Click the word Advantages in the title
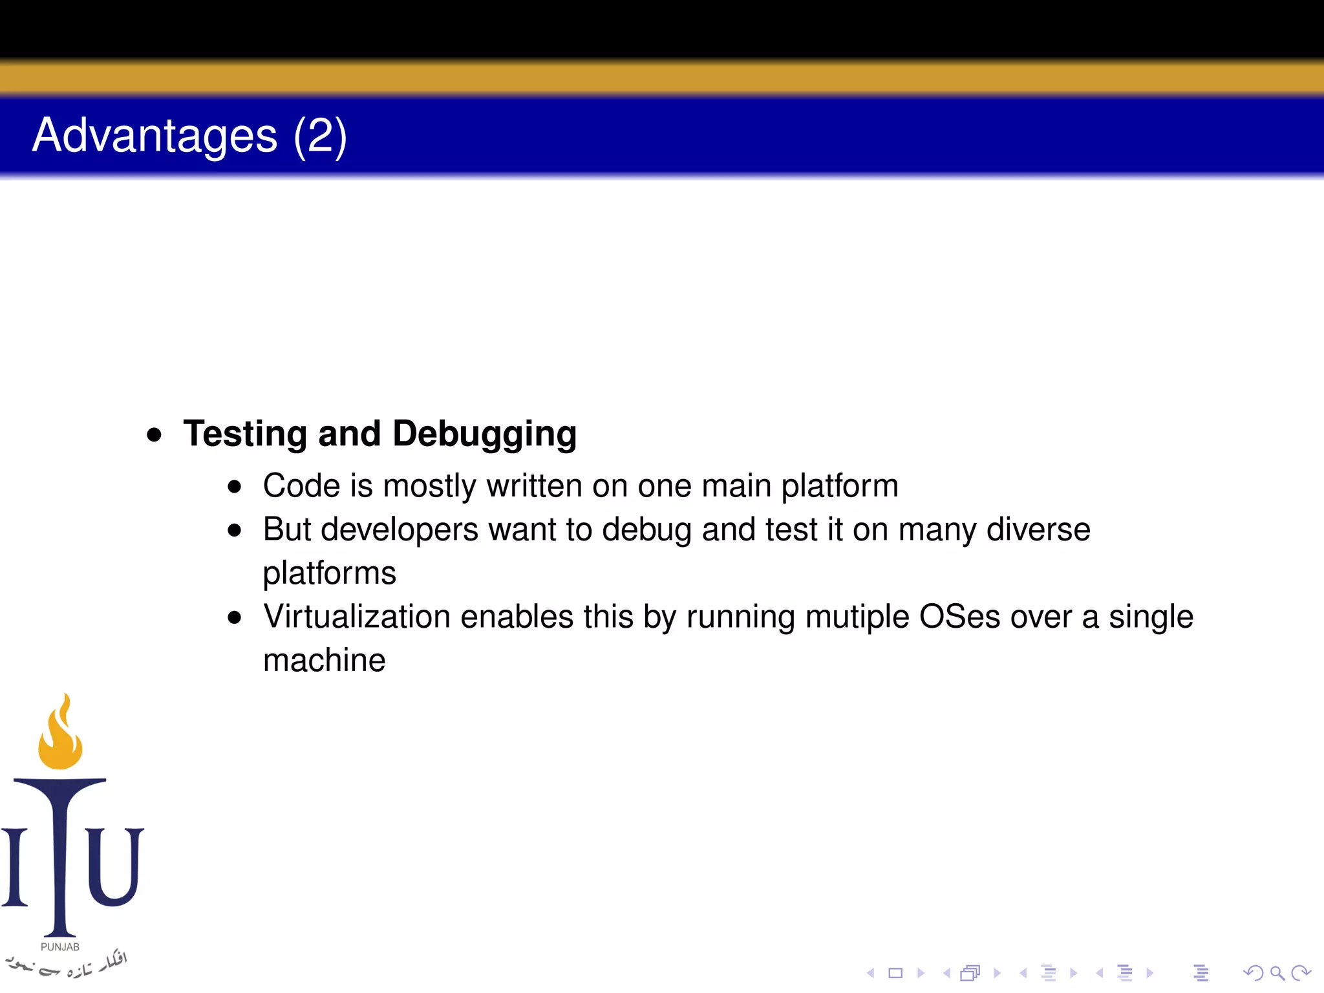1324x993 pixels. (x=155, y=136)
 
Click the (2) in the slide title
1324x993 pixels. (x=320, y=136)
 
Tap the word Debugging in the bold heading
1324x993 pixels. (x=484, y=434)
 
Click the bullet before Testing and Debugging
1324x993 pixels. (x=154, y=434)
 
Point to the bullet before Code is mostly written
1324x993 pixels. (x=235, y=487)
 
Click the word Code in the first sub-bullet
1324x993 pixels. (x=301, y=486)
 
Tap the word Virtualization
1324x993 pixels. (x=356, y=617)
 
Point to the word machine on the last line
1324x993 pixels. (x=324, y=661)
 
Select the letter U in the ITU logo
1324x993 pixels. (x=115, y=866)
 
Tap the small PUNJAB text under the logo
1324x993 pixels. (x=60, y=947)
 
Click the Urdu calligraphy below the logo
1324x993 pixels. (x=65, y=965)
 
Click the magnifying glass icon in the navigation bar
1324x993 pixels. (x=1277, y=973)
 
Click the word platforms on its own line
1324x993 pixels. (x=329, y=573)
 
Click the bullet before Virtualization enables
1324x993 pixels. (x=235, y=618)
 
